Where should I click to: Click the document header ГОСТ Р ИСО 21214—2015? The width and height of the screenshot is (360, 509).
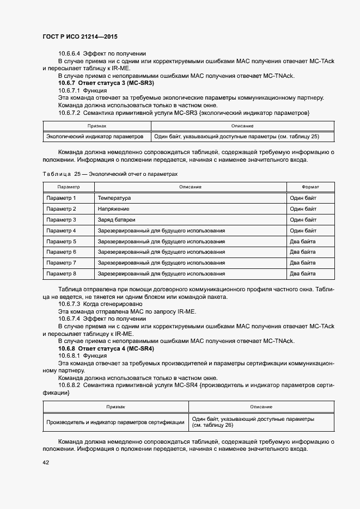click(x=80, y=36)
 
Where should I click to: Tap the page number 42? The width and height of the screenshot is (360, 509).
click(x=46, y=462)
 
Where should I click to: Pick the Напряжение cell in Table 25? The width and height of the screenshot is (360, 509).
click(x=113, y=209)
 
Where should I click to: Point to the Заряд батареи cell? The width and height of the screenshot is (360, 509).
click(x=117, y=220)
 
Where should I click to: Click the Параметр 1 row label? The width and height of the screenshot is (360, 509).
click(x=61, y=198)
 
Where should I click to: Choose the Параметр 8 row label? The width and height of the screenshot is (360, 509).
click(x=61, y=273)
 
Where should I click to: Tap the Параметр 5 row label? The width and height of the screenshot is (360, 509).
click(x=61, y=241)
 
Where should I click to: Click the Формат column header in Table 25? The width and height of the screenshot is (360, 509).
click(x=310, y=187)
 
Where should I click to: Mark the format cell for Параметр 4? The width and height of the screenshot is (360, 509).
click(x=303, y=230)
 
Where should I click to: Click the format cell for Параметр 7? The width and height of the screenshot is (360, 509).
click(x=302, y=262)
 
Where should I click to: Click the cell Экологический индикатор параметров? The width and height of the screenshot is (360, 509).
click(x=95, y=137)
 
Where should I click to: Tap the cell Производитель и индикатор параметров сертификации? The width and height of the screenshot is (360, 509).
click(x=115, y=422)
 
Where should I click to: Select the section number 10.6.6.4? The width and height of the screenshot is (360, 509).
click(x=69, y=53)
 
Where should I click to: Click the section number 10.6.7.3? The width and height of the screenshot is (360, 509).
click(x=69, y=303)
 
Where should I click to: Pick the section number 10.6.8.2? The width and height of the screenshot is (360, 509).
click(x=69, y=385)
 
